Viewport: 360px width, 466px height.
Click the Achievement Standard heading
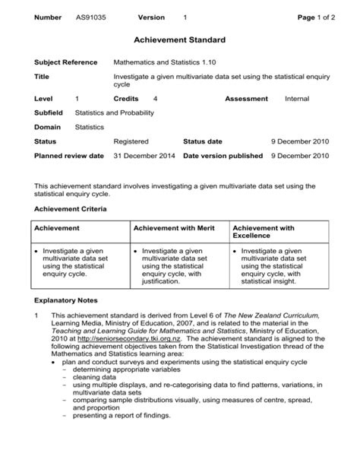179,39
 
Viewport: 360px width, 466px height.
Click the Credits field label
126,99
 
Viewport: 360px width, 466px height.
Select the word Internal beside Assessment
300,99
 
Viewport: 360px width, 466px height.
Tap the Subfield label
50,113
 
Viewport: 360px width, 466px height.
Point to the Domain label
48,127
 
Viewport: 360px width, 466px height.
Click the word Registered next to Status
131,141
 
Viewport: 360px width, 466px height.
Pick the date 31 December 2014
144,155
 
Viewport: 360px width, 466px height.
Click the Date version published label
223,155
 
